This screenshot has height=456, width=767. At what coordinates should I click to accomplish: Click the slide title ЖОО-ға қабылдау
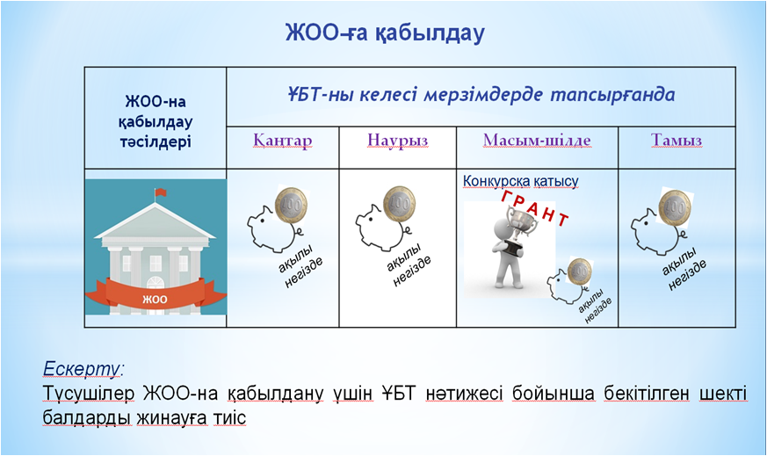click(385, 33)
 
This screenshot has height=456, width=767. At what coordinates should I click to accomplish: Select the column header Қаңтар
click(283, 141)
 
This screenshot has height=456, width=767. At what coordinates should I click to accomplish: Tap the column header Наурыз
click(398, 141)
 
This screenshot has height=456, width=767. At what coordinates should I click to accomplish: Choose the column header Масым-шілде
click(537, 141)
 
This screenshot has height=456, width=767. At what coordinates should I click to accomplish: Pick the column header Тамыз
click(677, 141)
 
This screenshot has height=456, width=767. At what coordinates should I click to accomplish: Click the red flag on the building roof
click(160, 192)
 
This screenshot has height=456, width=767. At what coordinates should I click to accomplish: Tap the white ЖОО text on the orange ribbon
click(155, 299)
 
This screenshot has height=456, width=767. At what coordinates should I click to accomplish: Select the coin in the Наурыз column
click(400, 204)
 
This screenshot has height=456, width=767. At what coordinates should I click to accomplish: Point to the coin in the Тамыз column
click(675, 208)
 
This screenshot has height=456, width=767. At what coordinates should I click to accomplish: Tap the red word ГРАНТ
click(536, 208)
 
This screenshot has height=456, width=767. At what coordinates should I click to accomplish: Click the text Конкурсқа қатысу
click(520, 182)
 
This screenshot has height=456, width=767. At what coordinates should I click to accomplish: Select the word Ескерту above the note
click(81, 368)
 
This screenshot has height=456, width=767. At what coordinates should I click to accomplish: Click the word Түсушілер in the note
click(89, 394)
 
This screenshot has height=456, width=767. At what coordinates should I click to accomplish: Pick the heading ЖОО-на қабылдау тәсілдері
click(156, 122)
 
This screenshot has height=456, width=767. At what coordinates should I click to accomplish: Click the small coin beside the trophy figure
click(580, 271)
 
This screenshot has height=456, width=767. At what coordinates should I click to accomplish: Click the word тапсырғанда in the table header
click(612, 95)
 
